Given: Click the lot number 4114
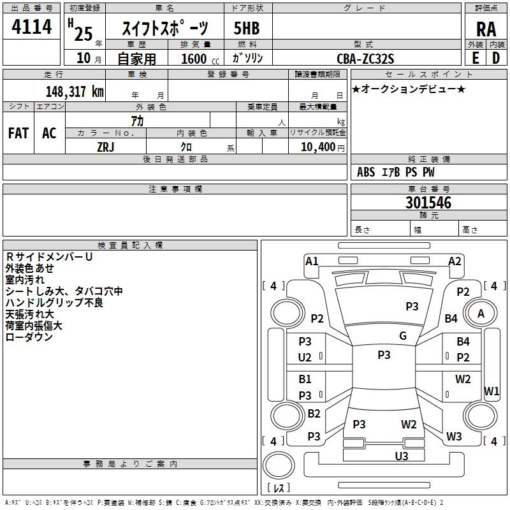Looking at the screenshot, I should [x=32, y=28].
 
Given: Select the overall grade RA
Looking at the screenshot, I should [x=485, y=29].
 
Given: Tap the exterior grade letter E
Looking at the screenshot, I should [x=475, y=57].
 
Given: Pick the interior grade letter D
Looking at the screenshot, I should [x=495, y=57].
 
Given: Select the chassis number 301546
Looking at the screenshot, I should [x=428, y=203].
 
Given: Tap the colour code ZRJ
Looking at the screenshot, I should [x=105, y=146].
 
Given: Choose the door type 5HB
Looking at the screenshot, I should [x=247, y=29].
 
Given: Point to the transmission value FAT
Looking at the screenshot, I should [x=18, y=133].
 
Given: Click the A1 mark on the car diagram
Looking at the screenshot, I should [x=312, y=261].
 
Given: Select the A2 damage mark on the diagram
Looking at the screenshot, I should [x=455, y=261].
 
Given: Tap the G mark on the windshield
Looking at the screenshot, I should [x=403, y=336].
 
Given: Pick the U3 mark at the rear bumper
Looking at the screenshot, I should [x=401, y=456].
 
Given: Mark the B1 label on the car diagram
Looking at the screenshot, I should [x=305, y=379].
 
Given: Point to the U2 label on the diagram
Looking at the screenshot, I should [x=305, y=357].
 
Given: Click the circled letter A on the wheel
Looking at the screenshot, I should [x=481, y=313].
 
